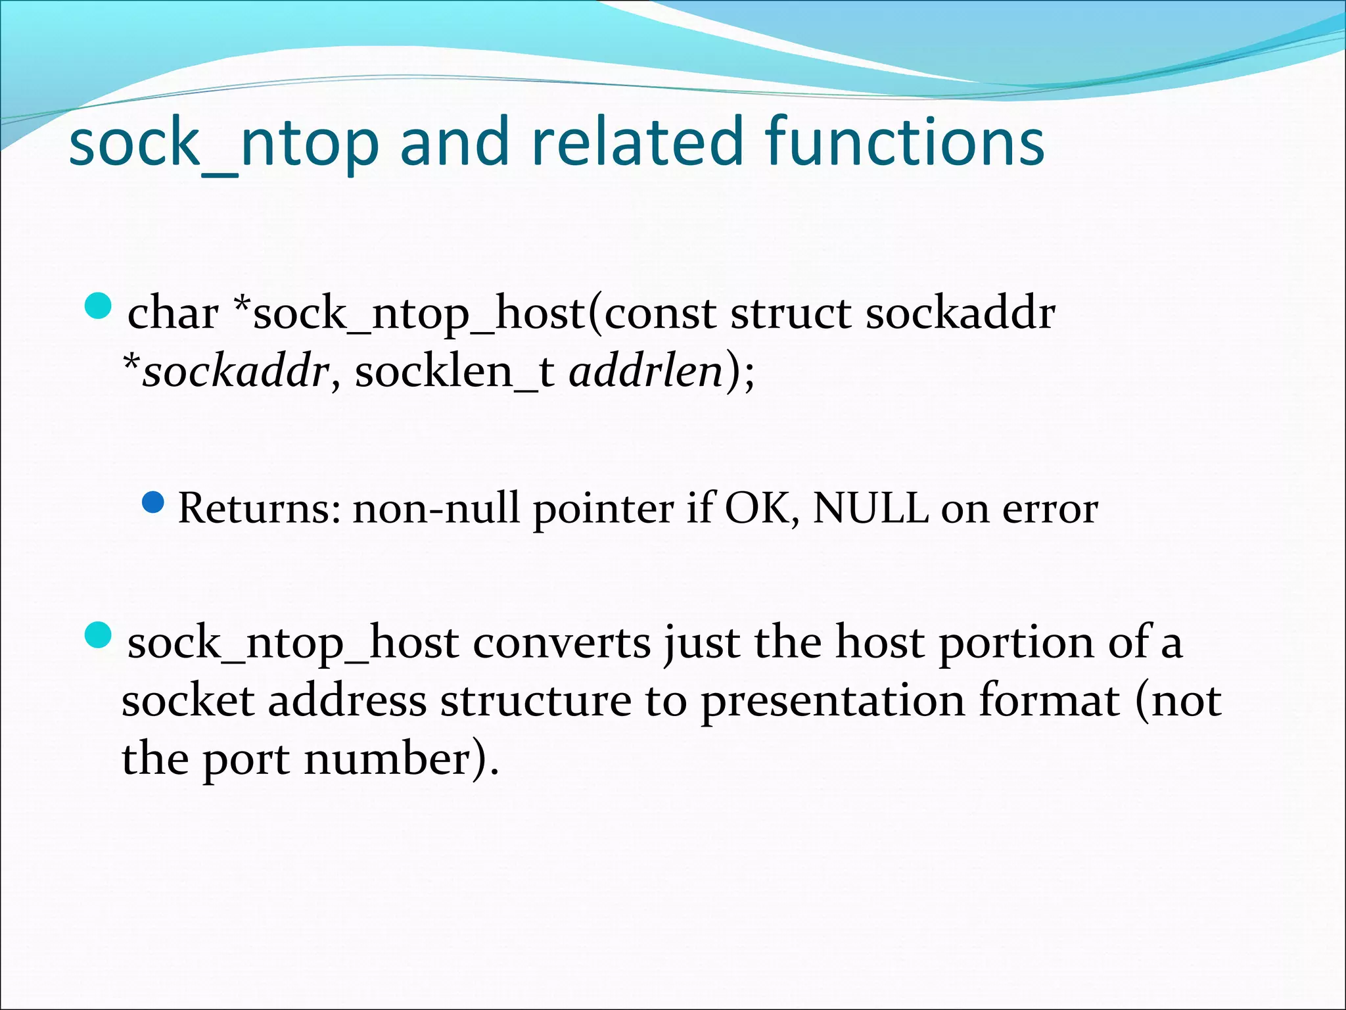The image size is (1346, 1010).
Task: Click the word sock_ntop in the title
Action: tap(223, 143)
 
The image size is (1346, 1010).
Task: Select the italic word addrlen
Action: tap(646, 372)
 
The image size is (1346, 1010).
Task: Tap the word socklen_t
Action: tap(454, 372)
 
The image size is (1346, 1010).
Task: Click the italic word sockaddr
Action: tap(235, 372)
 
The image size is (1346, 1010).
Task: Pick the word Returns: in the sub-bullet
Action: tap(260, 508)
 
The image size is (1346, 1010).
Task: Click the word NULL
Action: tap(871, 508)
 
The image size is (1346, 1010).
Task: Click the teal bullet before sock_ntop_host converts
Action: tap(99, 635)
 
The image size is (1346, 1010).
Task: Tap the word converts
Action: tap(562, 642)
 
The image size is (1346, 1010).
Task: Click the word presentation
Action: tap(832, 701)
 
